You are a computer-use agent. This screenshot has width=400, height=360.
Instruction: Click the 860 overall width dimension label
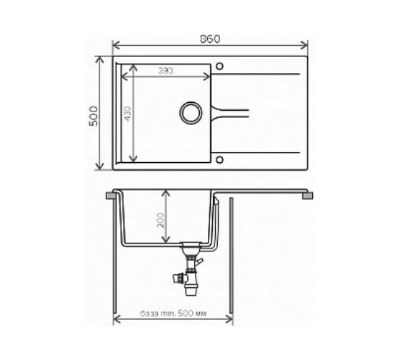(x=210, y=39)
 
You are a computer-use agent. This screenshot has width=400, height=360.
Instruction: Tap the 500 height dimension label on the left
(x=94, y=116)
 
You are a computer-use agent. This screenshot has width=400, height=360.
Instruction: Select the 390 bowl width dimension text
(x=166, y=71)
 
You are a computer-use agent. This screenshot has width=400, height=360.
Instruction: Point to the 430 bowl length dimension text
(x=128, y=113)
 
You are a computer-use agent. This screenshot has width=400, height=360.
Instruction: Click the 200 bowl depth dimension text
(x=161, y=220)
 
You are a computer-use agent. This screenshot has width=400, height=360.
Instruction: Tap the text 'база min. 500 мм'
(x=173, y=313)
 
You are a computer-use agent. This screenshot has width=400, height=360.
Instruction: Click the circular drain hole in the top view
(x=191, y=113)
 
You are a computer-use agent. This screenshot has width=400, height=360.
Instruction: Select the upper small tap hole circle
(x=219, y=66)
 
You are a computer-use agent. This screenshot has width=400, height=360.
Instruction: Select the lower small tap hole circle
(x=219, y=160)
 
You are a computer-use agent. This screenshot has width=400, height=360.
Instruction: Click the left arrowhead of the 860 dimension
(x=116, y=45)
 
